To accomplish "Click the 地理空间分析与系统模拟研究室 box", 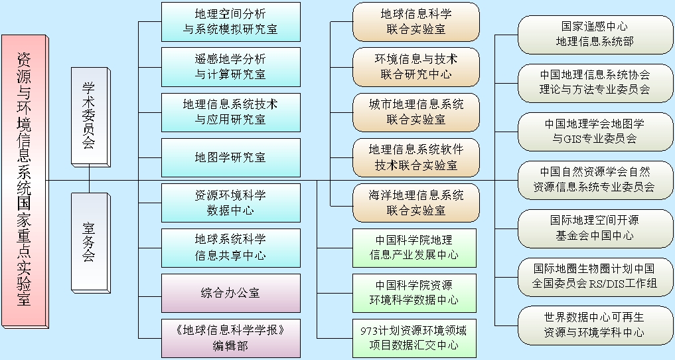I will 230,22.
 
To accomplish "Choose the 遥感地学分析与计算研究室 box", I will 230,67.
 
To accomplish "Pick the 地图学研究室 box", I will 230,157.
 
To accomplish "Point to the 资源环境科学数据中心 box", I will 230,203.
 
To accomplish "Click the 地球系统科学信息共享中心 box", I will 230,247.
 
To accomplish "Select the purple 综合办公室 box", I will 230,293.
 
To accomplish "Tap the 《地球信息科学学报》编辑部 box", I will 230,338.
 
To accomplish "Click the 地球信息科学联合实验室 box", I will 416,22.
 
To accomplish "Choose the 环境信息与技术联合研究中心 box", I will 416,67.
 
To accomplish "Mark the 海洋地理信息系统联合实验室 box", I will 416,203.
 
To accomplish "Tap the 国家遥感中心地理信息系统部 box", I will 594,35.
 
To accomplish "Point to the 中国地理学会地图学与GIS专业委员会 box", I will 594,132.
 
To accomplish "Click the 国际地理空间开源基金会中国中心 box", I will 594,228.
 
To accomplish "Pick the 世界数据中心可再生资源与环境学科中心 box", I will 594,325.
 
